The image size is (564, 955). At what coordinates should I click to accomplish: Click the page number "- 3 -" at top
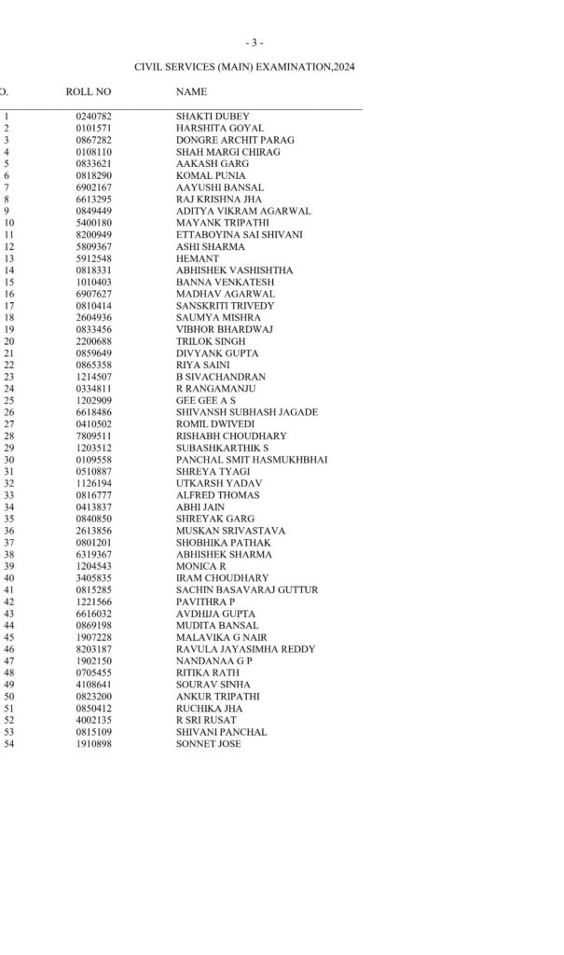254,43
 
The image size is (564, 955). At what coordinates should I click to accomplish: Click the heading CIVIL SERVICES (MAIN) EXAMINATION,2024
244,67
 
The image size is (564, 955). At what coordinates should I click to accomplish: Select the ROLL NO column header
89,91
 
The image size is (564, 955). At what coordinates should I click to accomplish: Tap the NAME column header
191,91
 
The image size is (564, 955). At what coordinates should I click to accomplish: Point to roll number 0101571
93,128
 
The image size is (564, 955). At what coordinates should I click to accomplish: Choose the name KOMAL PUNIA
211,175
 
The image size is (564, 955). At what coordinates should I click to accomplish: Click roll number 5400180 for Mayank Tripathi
93,223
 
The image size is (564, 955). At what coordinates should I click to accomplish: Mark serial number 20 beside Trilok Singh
9,341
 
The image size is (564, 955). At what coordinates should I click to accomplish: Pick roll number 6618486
93,412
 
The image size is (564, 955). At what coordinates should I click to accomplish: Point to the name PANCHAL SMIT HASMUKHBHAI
252,460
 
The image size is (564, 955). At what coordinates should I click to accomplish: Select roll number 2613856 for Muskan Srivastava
93,531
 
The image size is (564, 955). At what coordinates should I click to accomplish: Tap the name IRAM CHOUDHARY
222,578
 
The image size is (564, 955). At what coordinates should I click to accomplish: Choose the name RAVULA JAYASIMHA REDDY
245,649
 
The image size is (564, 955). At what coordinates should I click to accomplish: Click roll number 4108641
93,685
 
